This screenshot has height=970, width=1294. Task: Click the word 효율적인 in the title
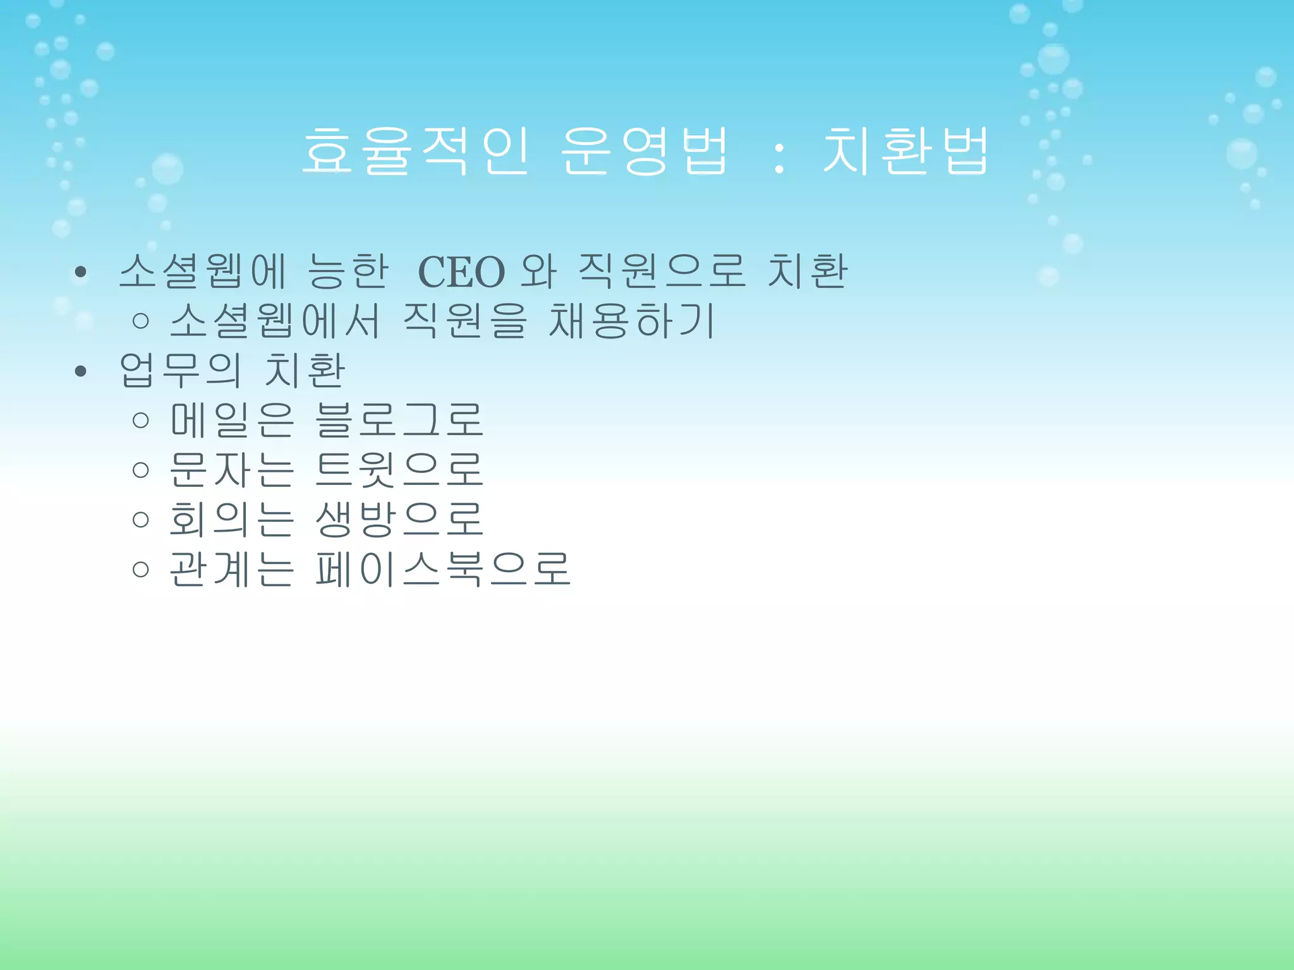pyautogui.click(x=416, y=151)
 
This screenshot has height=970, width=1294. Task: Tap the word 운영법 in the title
pyautogui.click(x=644, y=151)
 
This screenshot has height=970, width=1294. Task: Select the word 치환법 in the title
pyautogui.click(x=905, y=151)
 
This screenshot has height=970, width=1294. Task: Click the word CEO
pyautogui.click(x=462, y=272)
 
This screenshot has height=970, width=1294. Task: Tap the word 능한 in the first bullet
pyautogui.click(x=348, y=272)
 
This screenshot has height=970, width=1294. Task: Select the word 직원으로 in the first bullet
pyautogui.click(x=662, y=272)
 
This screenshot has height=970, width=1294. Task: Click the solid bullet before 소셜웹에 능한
pyautogui.click(x=80, y=273)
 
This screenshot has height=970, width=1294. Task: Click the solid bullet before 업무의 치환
pyautogui.click(x=80, y=371)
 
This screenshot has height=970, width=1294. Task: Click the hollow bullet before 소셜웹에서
pyautogui.click(x=141, y=321)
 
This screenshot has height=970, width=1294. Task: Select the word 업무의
pyautogui.click(x=181, y=371)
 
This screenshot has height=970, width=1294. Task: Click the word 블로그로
pyautogui.click(x=399, y=420)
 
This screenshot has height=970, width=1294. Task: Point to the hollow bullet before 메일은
pyautogui.click(x=141, y=421)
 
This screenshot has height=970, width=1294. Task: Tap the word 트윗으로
pyautogui.click(x=399, y=469)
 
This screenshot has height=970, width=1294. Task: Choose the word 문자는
pyautogui.click(x=232, y=469)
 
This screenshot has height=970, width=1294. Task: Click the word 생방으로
pyautogui.click(x=399, y=519)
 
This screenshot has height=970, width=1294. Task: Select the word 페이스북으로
pyautogui.click(x=443, y=568)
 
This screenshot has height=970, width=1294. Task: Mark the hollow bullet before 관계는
pyautogui.click(x=141, y=569)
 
